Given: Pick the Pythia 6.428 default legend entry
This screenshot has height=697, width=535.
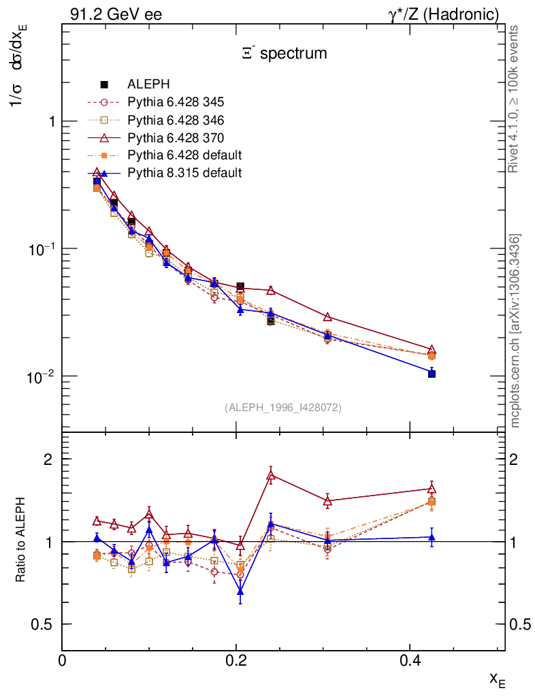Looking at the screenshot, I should point(184,155).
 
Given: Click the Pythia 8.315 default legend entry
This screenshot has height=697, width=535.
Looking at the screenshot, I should point(184,173).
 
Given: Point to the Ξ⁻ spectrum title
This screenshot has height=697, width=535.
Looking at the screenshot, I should point(285,53).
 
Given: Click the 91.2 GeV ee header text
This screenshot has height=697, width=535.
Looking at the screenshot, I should point(116,14).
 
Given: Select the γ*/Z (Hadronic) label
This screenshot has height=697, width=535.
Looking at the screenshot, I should point(443,14).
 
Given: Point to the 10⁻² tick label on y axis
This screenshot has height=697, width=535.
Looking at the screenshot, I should point(42,375).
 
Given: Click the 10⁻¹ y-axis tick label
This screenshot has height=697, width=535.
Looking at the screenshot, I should point(42,248).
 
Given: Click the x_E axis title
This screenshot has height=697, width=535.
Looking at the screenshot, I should point(497,679).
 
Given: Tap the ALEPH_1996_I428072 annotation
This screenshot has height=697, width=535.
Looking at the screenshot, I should point(283,407).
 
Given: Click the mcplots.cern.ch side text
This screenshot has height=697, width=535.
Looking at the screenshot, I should point(515,331).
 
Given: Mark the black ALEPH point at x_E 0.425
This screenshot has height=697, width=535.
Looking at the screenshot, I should point(432,374).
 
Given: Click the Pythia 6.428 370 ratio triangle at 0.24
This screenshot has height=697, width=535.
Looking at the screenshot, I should point(270,476).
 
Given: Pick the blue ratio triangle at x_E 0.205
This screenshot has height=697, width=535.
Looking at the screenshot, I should point(240,591).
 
